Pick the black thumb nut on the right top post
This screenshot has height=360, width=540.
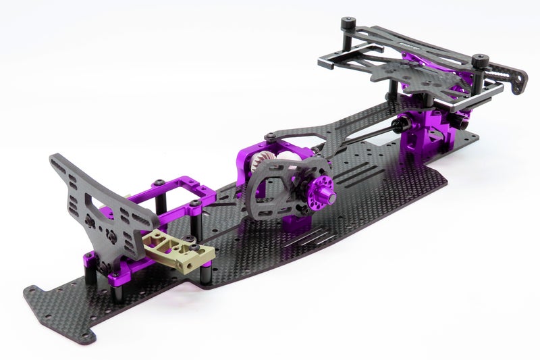(x=481, y=60)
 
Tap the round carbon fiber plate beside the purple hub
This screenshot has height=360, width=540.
(x=283, y=186)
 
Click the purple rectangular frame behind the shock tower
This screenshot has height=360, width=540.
(x=182, y=192)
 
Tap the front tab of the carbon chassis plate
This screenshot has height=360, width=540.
(x=61, y=304)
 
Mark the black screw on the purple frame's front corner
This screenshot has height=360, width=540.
(x=157, y=182)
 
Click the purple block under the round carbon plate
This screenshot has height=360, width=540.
(x=297, y=220)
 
